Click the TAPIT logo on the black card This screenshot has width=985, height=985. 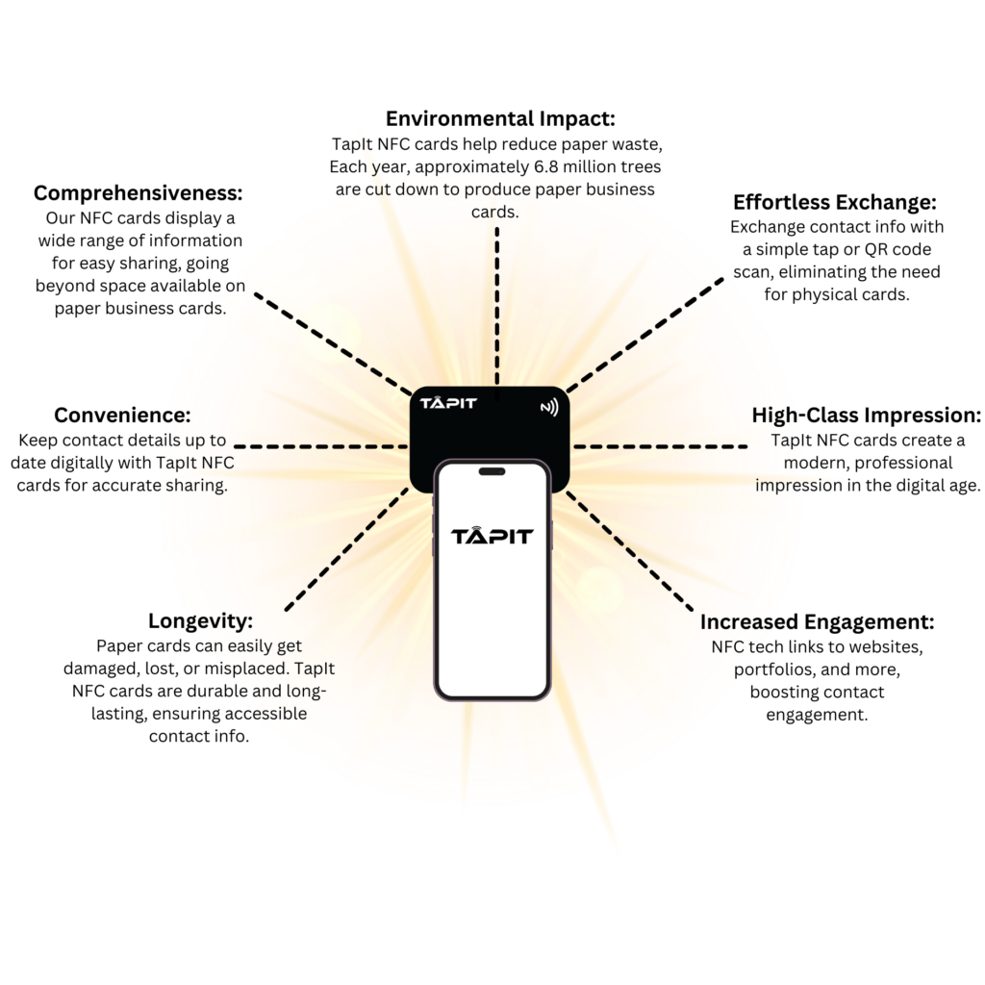pos(448,403)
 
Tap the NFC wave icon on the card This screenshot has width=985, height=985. pos(549,407)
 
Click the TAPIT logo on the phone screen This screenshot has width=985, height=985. pos(492,535)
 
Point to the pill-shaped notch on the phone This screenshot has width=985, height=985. pos(492,471)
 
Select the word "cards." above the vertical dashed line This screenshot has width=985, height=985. pos(495,213)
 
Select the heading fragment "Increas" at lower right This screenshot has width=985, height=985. pos(737,622)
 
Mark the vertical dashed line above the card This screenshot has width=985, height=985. pos(497,308)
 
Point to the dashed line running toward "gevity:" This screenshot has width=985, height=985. pos(346,548)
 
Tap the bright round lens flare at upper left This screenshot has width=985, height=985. pos(329,332)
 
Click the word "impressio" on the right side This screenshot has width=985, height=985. pos(789,485)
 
